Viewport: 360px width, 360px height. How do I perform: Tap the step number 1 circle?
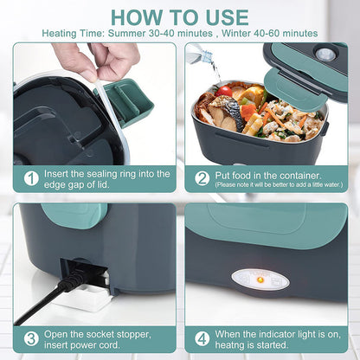point(31,178)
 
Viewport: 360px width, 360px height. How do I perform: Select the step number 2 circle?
point(202,178)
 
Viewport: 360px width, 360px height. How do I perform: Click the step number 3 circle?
point(31,338)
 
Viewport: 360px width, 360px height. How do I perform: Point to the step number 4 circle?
point(202,338)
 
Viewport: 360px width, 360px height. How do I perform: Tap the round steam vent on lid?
point(325,54)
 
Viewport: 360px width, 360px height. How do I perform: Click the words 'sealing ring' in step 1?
point(103,173)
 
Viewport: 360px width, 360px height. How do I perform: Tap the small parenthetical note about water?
point(277,184)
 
